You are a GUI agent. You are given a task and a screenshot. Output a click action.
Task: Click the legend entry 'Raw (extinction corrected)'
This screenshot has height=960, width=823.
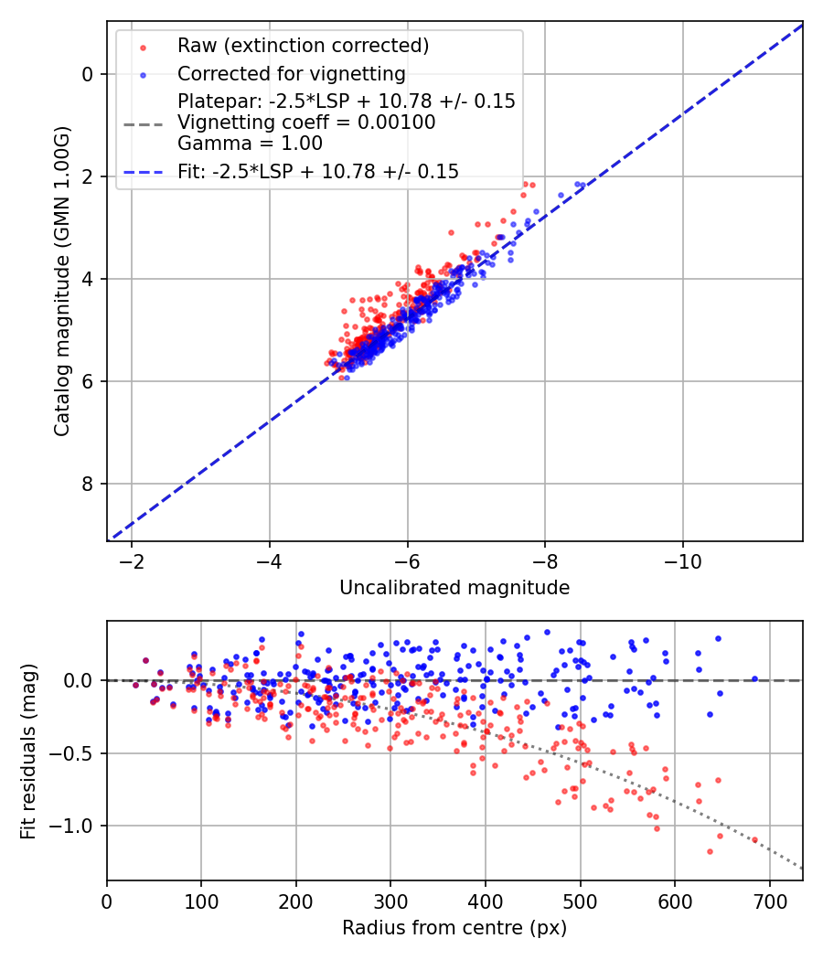pyautogui.click(x=303, y=46)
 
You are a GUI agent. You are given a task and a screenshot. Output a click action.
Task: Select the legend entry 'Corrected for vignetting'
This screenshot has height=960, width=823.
pyautogui.click(x=291, y=73)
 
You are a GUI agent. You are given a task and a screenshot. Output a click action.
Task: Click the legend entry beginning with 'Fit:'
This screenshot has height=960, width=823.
pyautogui.click(x=317, y=171)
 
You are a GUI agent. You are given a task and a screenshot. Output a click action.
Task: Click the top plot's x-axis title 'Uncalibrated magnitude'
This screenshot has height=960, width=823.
pyautogui.click(x=454, y=588)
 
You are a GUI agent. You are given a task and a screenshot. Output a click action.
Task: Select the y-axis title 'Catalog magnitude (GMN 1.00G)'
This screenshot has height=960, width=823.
pyautogui.click(x=62, y=281)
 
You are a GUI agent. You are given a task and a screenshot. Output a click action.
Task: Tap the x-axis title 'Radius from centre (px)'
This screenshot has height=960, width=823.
pyautogui.click(x=454, y=928)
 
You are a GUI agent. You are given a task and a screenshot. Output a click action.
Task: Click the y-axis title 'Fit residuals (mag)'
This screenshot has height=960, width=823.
pyautogui.click(x=28, y=752)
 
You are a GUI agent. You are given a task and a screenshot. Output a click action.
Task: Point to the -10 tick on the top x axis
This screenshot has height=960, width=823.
pyautogui.click(x=682, y=560)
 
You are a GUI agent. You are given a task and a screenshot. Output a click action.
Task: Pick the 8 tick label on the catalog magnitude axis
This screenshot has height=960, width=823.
pyautogui.click(x=88, y=484)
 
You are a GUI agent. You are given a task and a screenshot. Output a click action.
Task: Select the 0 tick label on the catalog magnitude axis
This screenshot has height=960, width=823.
pyautogui.click(x=88, y=74)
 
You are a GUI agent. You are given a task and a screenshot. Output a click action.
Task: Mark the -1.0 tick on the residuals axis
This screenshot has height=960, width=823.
pyautogui.click(x=78, y=827)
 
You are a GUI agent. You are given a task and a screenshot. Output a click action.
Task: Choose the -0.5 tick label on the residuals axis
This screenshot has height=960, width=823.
pyautogui.click(x=78, y=753)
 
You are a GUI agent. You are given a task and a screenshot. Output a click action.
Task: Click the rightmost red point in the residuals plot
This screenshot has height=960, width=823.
pyautogui.click(x=754, y=839)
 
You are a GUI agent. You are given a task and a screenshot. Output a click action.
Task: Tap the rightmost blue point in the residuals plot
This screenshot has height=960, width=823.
pyautogui.click(x=754, y=678)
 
